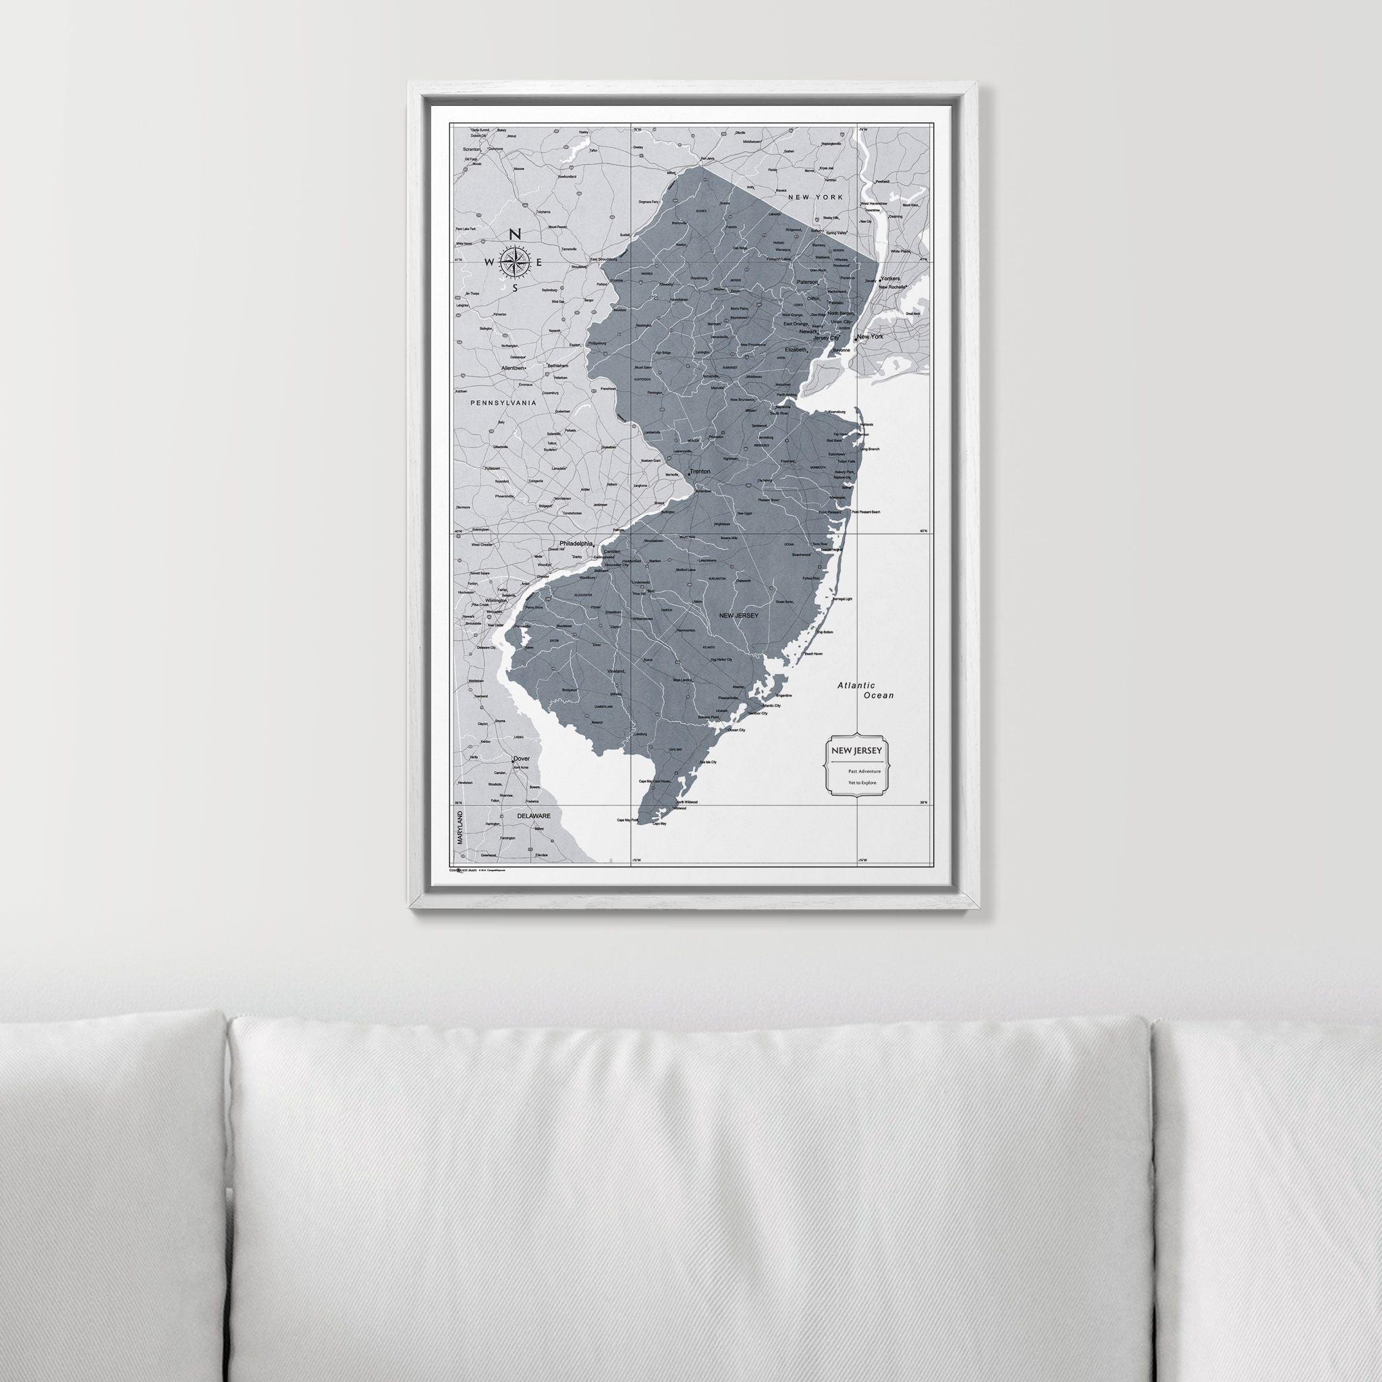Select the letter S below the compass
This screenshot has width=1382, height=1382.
[514, 288]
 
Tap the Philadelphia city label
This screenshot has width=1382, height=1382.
[576, 544]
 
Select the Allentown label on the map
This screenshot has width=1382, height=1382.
[512, 368]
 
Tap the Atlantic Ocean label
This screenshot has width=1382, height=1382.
[866, 690]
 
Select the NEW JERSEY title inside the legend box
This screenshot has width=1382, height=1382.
[856, 750]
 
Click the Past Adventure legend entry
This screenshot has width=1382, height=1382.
[864, 772]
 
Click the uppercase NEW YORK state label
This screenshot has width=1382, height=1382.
[814, 197]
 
